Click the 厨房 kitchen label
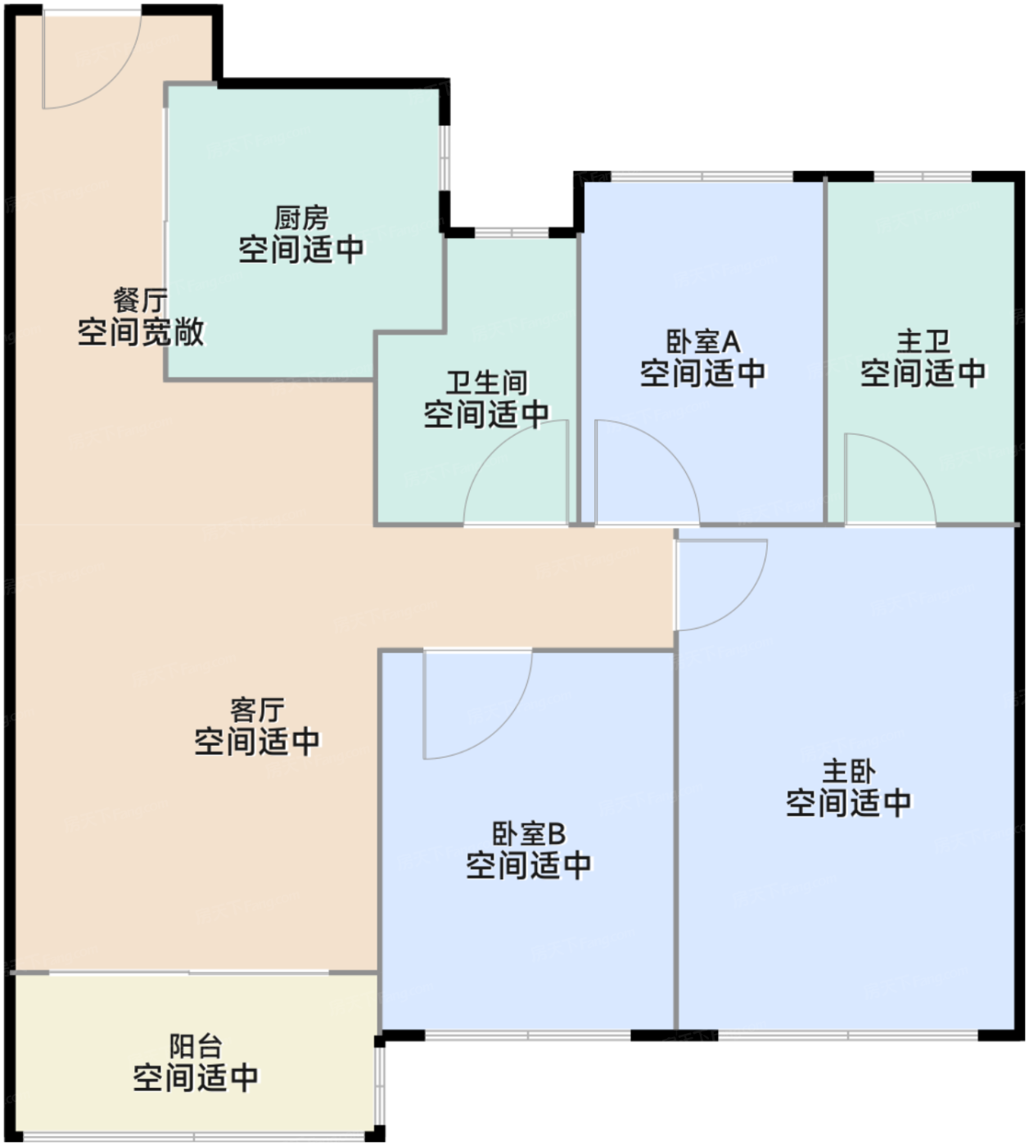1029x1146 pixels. (301, 218)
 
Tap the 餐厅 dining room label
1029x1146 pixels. (140, 300)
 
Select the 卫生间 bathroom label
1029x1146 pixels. (486, 383)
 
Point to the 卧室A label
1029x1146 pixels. (702, 341)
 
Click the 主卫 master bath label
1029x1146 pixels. (923, 341)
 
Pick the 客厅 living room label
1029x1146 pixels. (257, 710)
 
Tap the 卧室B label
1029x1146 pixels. (529, 834)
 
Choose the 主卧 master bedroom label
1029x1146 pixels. (849, 772)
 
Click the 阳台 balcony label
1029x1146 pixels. (195, 1046)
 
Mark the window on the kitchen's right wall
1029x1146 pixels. (445, 158)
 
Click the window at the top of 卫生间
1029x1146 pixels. (512, 232)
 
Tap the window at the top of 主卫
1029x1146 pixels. (923, 177)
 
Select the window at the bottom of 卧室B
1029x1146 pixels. (528, 1035)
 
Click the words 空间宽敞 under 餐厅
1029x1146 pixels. (140, 332)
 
